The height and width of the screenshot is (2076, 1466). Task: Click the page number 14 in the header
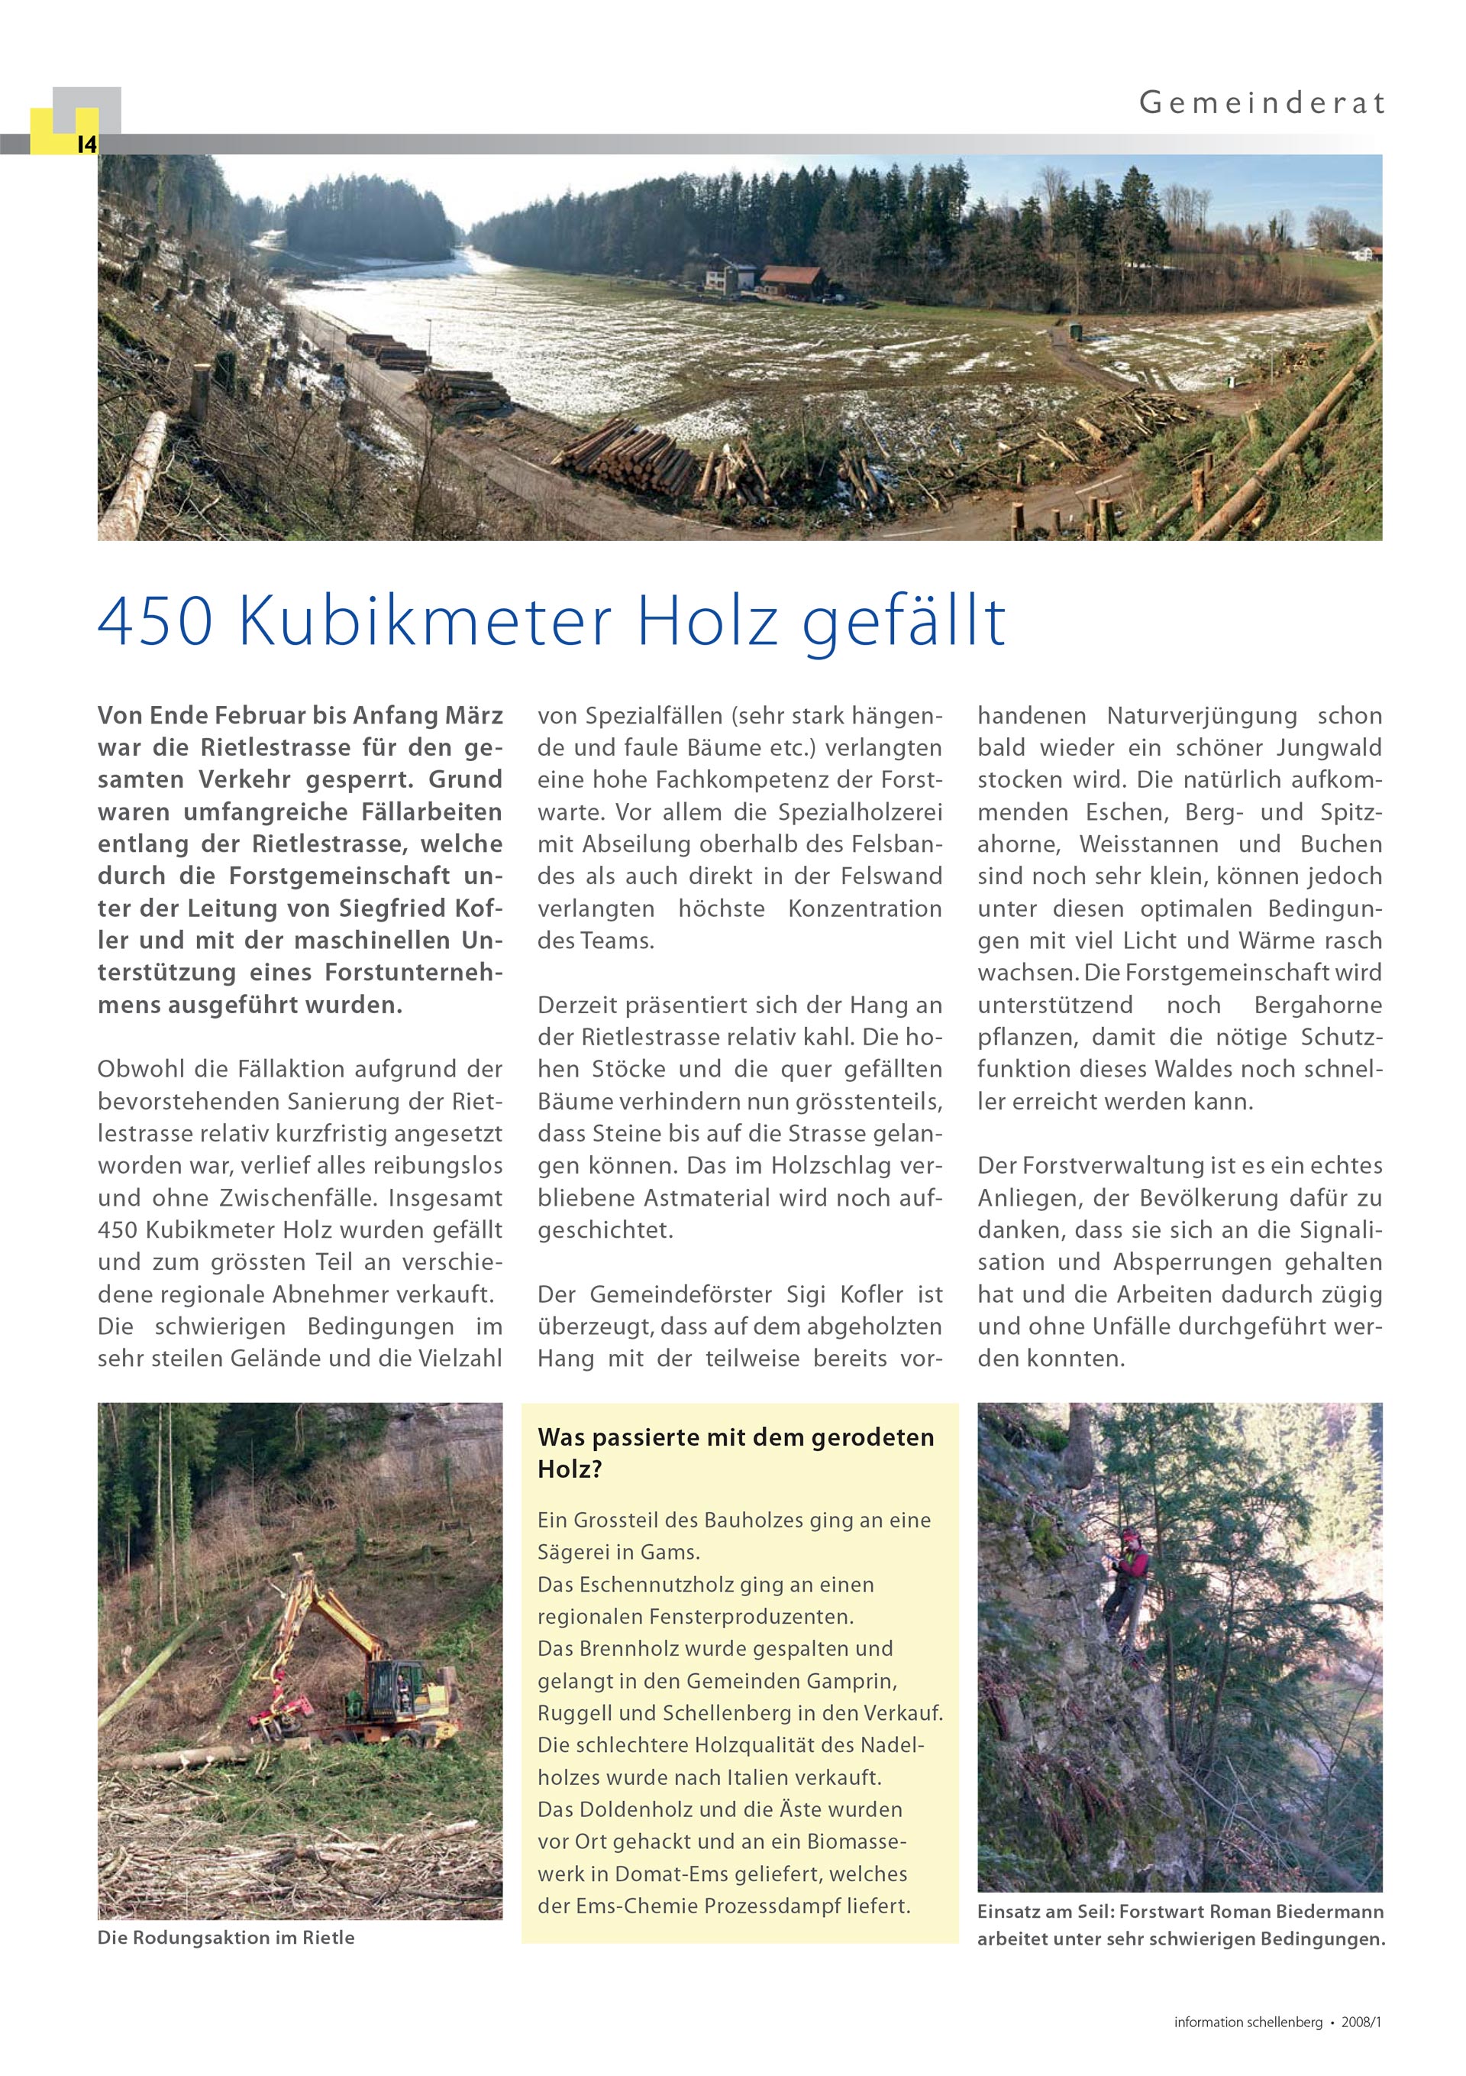coord(87,144)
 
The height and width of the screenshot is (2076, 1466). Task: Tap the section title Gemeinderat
coord(1261,103)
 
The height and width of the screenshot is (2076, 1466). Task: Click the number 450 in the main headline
coord(154,622)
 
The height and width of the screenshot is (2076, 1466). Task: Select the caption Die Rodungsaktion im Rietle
coord(226,1938)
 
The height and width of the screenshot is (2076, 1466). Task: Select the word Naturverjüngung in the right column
coord(1201,716)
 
